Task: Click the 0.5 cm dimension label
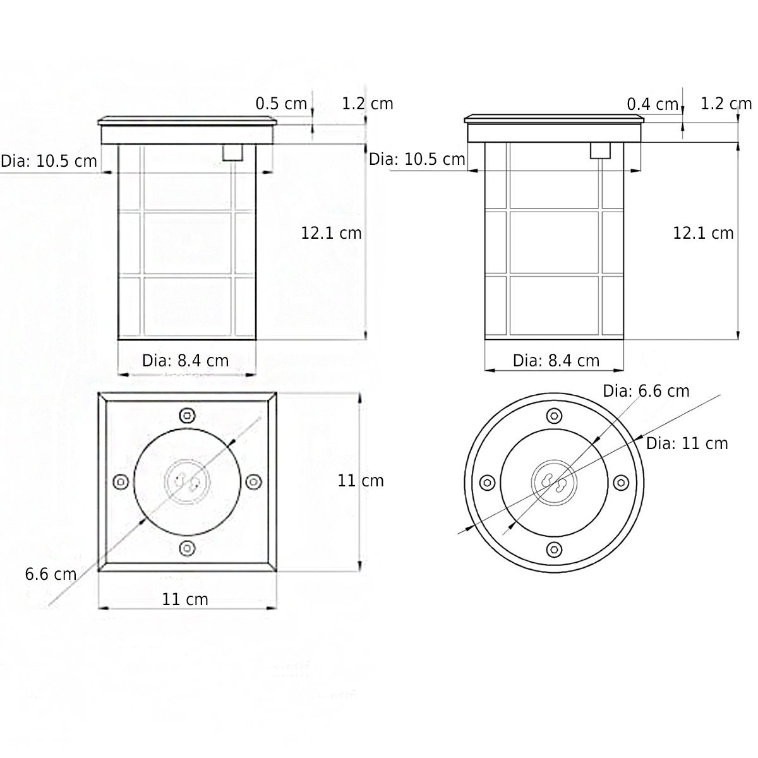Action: (281, 104)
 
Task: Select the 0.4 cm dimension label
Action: (653, 104)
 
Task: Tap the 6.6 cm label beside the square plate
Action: (51, 574)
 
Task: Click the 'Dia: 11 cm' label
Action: (687, 443)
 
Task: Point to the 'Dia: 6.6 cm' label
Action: (646, 391)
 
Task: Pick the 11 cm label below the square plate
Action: (184, 599)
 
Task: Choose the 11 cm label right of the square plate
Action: (361, 481)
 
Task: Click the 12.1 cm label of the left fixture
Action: (331, 233)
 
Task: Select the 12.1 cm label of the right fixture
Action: (703, 233)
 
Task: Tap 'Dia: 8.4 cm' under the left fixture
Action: (185, 361)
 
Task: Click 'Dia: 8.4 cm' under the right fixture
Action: (556, 361)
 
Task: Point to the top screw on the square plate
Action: (186, 415)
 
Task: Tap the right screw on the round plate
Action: (620, 482)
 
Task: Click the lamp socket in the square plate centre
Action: (186, 482)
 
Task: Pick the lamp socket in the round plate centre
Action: (553, 482)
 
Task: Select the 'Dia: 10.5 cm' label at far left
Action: (49, 161)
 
